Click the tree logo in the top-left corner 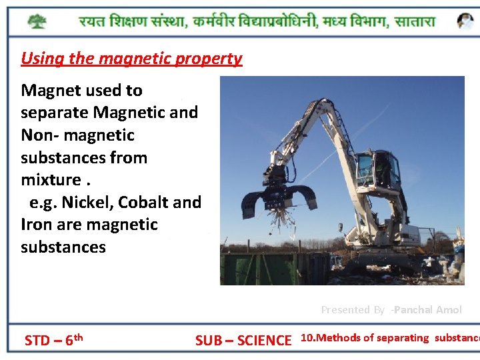click(x=37, y=21)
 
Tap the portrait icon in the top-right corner click(x=465, y=21)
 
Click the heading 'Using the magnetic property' click(x=131, y=59)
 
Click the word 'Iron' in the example click(x=37, y=225)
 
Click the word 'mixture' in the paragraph click(x=51, y=180)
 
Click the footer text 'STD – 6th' click(x=53, y=341)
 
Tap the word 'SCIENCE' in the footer click(x=264, y=341)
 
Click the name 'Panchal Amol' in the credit click(x=428, y=310)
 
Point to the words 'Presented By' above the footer click(x=353, y=310)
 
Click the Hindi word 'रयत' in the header click(x=94, y=21)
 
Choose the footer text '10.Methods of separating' click(x=365, y=338)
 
